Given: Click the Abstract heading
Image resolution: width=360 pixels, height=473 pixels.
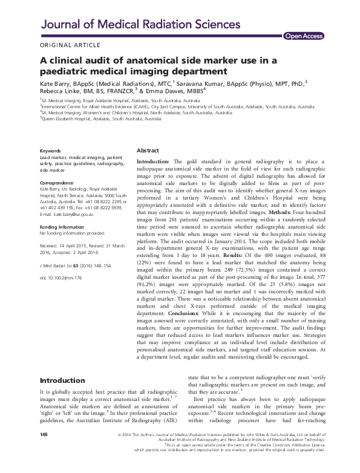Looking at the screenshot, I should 148,149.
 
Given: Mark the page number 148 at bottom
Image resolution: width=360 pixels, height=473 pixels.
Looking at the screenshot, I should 44,451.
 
